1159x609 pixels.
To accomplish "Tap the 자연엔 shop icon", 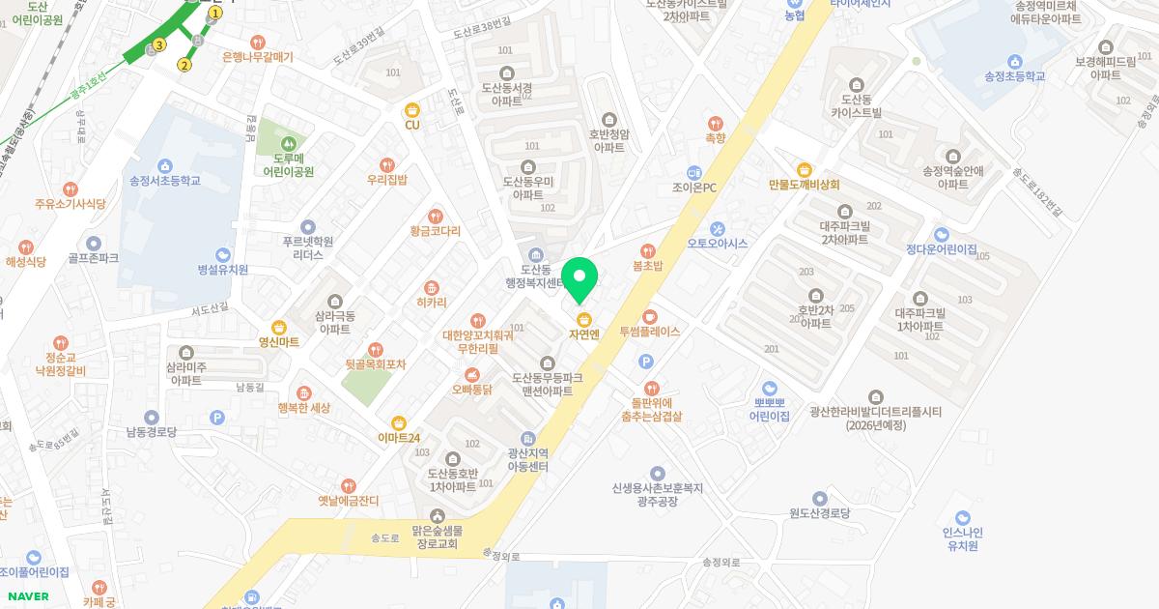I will click(x=583, y=319).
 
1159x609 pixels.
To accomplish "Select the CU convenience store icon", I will click(x=412, y=109).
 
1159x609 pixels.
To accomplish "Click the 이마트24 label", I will click(x=399, y=438).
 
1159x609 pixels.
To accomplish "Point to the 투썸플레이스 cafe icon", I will click(x=650, y=316).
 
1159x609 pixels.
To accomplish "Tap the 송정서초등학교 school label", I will click(x=165, y=181).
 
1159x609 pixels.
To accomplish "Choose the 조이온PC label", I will click(x=694, y=188).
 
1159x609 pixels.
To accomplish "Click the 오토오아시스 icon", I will click(x=717, y=228).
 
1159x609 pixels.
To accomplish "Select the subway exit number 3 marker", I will click(x=159, y=44).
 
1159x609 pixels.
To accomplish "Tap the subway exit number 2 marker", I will click(x=184, y=66).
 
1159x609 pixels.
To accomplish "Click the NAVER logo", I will click(x=28, y=596).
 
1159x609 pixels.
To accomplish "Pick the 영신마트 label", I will click(x=279, y=341).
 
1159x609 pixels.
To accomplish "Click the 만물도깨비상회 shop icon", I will click(x=804, y=169).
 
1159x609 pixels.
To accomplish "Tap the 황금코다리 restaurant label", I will click(x=436, y=232).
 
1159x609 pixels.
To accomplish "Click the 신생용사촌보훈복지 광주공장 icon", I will click(x=657, y=473).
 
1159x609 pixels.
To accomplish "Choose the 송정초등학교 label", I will click(x=1014, y=76).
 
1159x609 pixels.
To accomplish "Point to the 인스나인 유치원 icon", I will click(x=962, y=517).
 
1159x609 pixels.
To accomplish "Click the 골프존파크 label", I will click(x=94, y=259).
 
